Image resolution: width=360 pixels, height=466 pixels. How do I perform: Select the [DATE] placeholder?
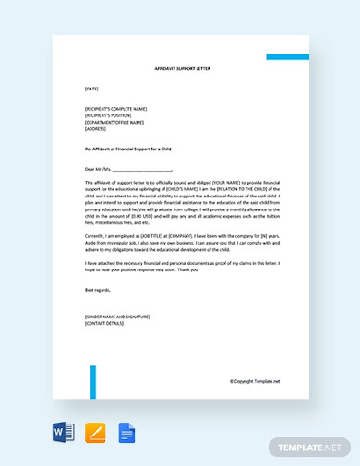click(x=90, y=90)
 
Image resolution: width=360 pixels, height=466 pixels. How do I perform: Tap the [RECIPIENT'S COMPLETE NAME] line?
click(x=115, y=108)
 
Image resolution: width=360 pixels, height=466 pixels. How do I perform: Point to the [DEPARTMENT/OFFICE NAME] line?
click(x=114, y=122)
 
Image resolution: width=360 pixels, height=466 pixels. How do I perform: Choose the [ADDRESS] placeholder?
click(x=95, y=129)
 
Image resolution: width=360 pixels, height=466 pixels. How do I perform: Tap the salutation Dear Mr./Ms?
click(x=97, y=169)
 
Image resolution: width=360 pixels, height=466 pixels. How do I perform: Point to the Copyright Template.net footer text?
click(x=254, y=380)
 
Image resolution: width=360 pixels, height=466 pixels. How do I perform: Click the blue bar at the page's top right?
click(x=287, y=57)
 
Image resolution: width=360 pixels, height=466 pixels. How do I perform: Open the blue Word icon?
click(x=62, y=434)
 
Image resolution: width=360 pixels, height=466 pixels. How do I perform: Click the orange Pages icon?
click(x=95, y=434)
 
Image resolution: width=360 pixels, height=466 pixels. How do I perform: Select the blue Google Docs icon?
click(x=126, y=434)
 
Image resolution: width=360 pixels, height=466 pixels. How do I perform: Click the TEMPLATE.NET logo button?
click(x=310, y=447)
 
